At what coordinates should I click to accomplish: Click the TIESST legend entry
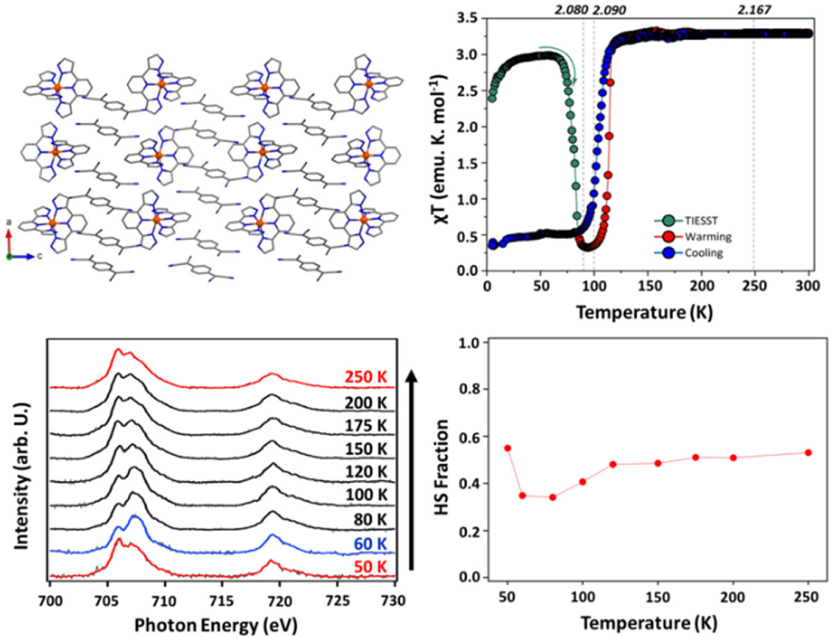(x=701, y=221)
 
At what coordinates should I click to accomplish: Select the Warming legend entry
(x=708, y=236)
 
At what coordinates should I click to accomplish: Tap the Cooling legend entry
(x=704, y=253)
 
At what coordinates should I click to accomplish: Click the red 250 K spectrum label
(x=366, y=377)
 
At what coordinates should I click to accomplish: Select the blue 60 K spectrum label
(x=370, y=544)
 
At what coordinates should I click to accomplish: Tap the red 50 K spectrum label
(x=370, y=567)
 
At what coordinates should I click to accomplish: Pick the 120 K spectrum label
(x=366, y=471)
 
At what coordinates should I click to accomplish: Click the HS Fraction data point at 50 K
(x=508, y=448)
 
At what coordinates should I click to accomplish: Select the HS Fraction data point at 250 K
(x=808, y=452)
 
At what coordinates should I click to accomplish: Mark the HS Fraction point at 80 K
(x=553, y=498)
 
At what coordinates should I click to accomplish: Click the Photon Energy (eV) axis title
(x=216, y=625)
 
